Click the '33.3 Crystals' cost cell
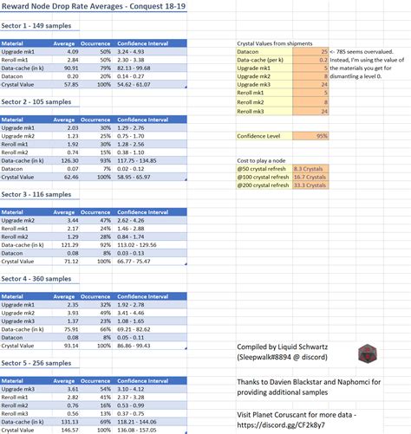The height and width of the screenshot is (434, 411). tap(310, 185)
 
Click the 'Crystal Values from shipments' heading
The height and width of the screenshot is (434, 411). tap(276, 42)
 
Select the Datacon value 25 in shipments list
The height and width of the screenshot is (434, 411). tap(323, 52)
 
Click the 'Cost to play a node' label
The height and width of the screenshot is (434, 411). tap(261, 161)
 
